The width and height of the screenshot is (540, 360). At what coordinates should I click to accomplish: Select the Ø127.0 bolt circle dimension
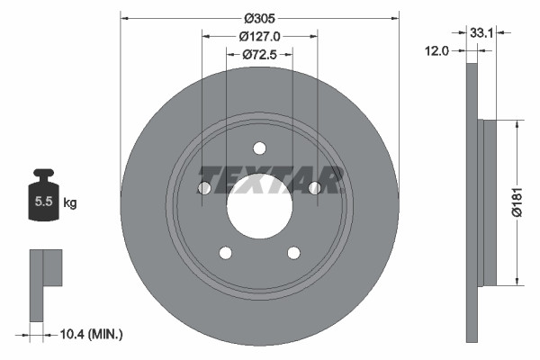260,36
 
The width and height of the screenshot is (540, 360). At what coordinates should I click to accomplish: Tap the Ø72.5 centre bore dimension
259,56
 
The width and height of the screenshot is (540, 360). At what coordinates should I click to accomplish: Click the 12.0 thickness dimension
436,51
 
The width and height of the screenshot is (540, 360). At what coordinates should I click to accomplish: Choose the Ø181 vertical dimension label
517,202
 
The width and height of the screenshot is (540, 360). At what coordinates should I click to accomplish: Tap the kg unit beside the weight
70,202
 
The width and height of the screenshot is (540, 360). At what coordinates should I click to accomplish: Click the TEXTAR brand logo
270,179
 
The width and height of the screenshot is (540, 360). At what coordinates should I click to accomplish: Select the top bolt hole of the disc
259,148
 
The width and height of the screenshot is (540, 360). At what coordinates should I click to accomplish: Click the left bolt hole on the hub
203,188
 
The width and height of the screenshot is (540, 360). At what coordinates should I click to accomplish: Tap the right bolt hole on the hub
315,188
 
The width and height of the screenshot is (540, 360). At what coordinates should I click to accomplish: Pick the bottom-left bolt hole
225,253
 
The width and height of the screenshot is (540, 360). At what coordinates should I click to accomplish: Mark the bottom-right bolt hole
293,253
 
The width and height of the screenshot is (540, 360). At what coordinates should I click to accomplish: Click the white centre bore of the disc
259,206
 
